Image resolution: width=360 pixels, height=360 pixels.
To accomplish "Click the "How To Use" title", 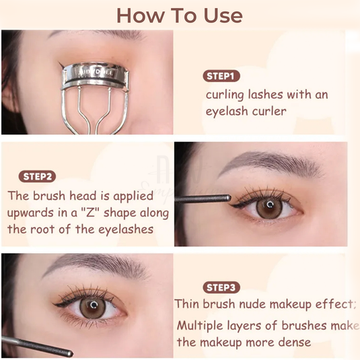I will [x=180, y=14].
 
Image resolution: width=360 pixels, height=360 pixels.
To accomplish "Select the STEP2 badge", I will [x=38, y=176].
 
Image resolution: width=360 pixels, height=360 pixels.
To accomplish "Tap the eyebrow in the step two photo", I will [x=259, y=161].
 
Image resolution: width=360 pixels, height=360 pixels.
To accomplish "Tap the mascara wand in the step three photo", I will [x=37, y=346].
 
